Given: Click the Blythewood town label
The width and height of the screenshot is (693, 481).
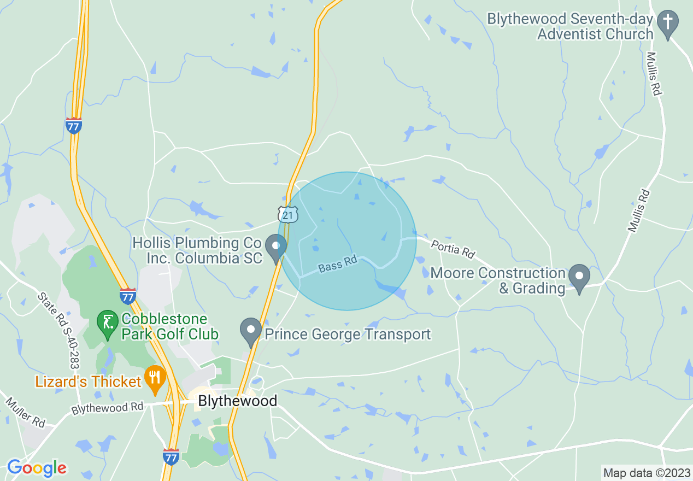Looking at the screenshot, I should pos(237,401).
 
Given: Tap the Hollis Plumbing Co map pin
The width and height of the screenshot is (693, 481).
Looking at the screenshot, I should pos(276,248).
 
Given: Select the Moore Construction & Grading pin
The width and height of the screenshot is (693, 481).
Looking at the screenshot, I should pos(579,277).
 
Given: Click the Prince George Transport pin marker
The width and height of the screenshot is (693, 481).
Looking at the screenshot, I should pos(251,331).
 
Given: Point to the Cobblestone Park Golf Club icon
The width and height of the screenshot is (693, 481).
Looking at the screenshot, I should pos(108,322).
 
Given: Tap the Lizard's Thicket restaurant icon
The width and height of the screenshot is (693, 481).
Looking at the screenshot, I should pos(156,378).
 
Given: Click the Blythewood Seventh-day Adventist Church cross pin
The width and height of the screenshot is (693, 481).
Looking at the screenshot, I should pos(667,24).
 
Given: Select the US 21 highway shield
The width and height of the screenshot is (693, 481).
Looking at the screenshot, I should pos(288,214).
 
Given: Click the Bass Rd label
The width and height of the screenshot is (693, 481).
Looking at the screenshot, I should pos(337,265).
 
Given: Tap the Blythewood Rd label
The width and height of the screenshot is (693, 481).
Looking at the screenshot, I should pos(107,408).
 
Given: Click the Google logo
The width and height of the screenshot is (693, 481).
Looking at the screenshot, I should pos(37,468).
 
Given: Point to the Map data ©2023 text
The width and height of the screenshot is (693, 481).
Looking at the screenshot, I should pos(646,473).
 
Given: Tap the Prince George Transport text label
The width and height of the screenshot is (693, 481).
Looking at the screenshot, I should pos(348,334).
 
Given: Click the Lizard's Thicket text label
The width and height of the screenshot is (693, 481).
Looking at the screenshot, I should pos(89,381).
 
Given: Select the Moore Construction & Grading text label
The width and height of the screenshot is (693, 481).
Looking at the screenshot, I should pos(498,280).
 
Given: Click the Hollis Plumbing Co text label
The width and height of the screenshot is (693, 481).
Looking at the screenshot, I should pos(197,250).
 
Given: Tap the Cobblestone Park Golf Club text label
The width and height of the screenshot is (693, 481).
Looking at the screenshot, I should pos(170,326).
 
